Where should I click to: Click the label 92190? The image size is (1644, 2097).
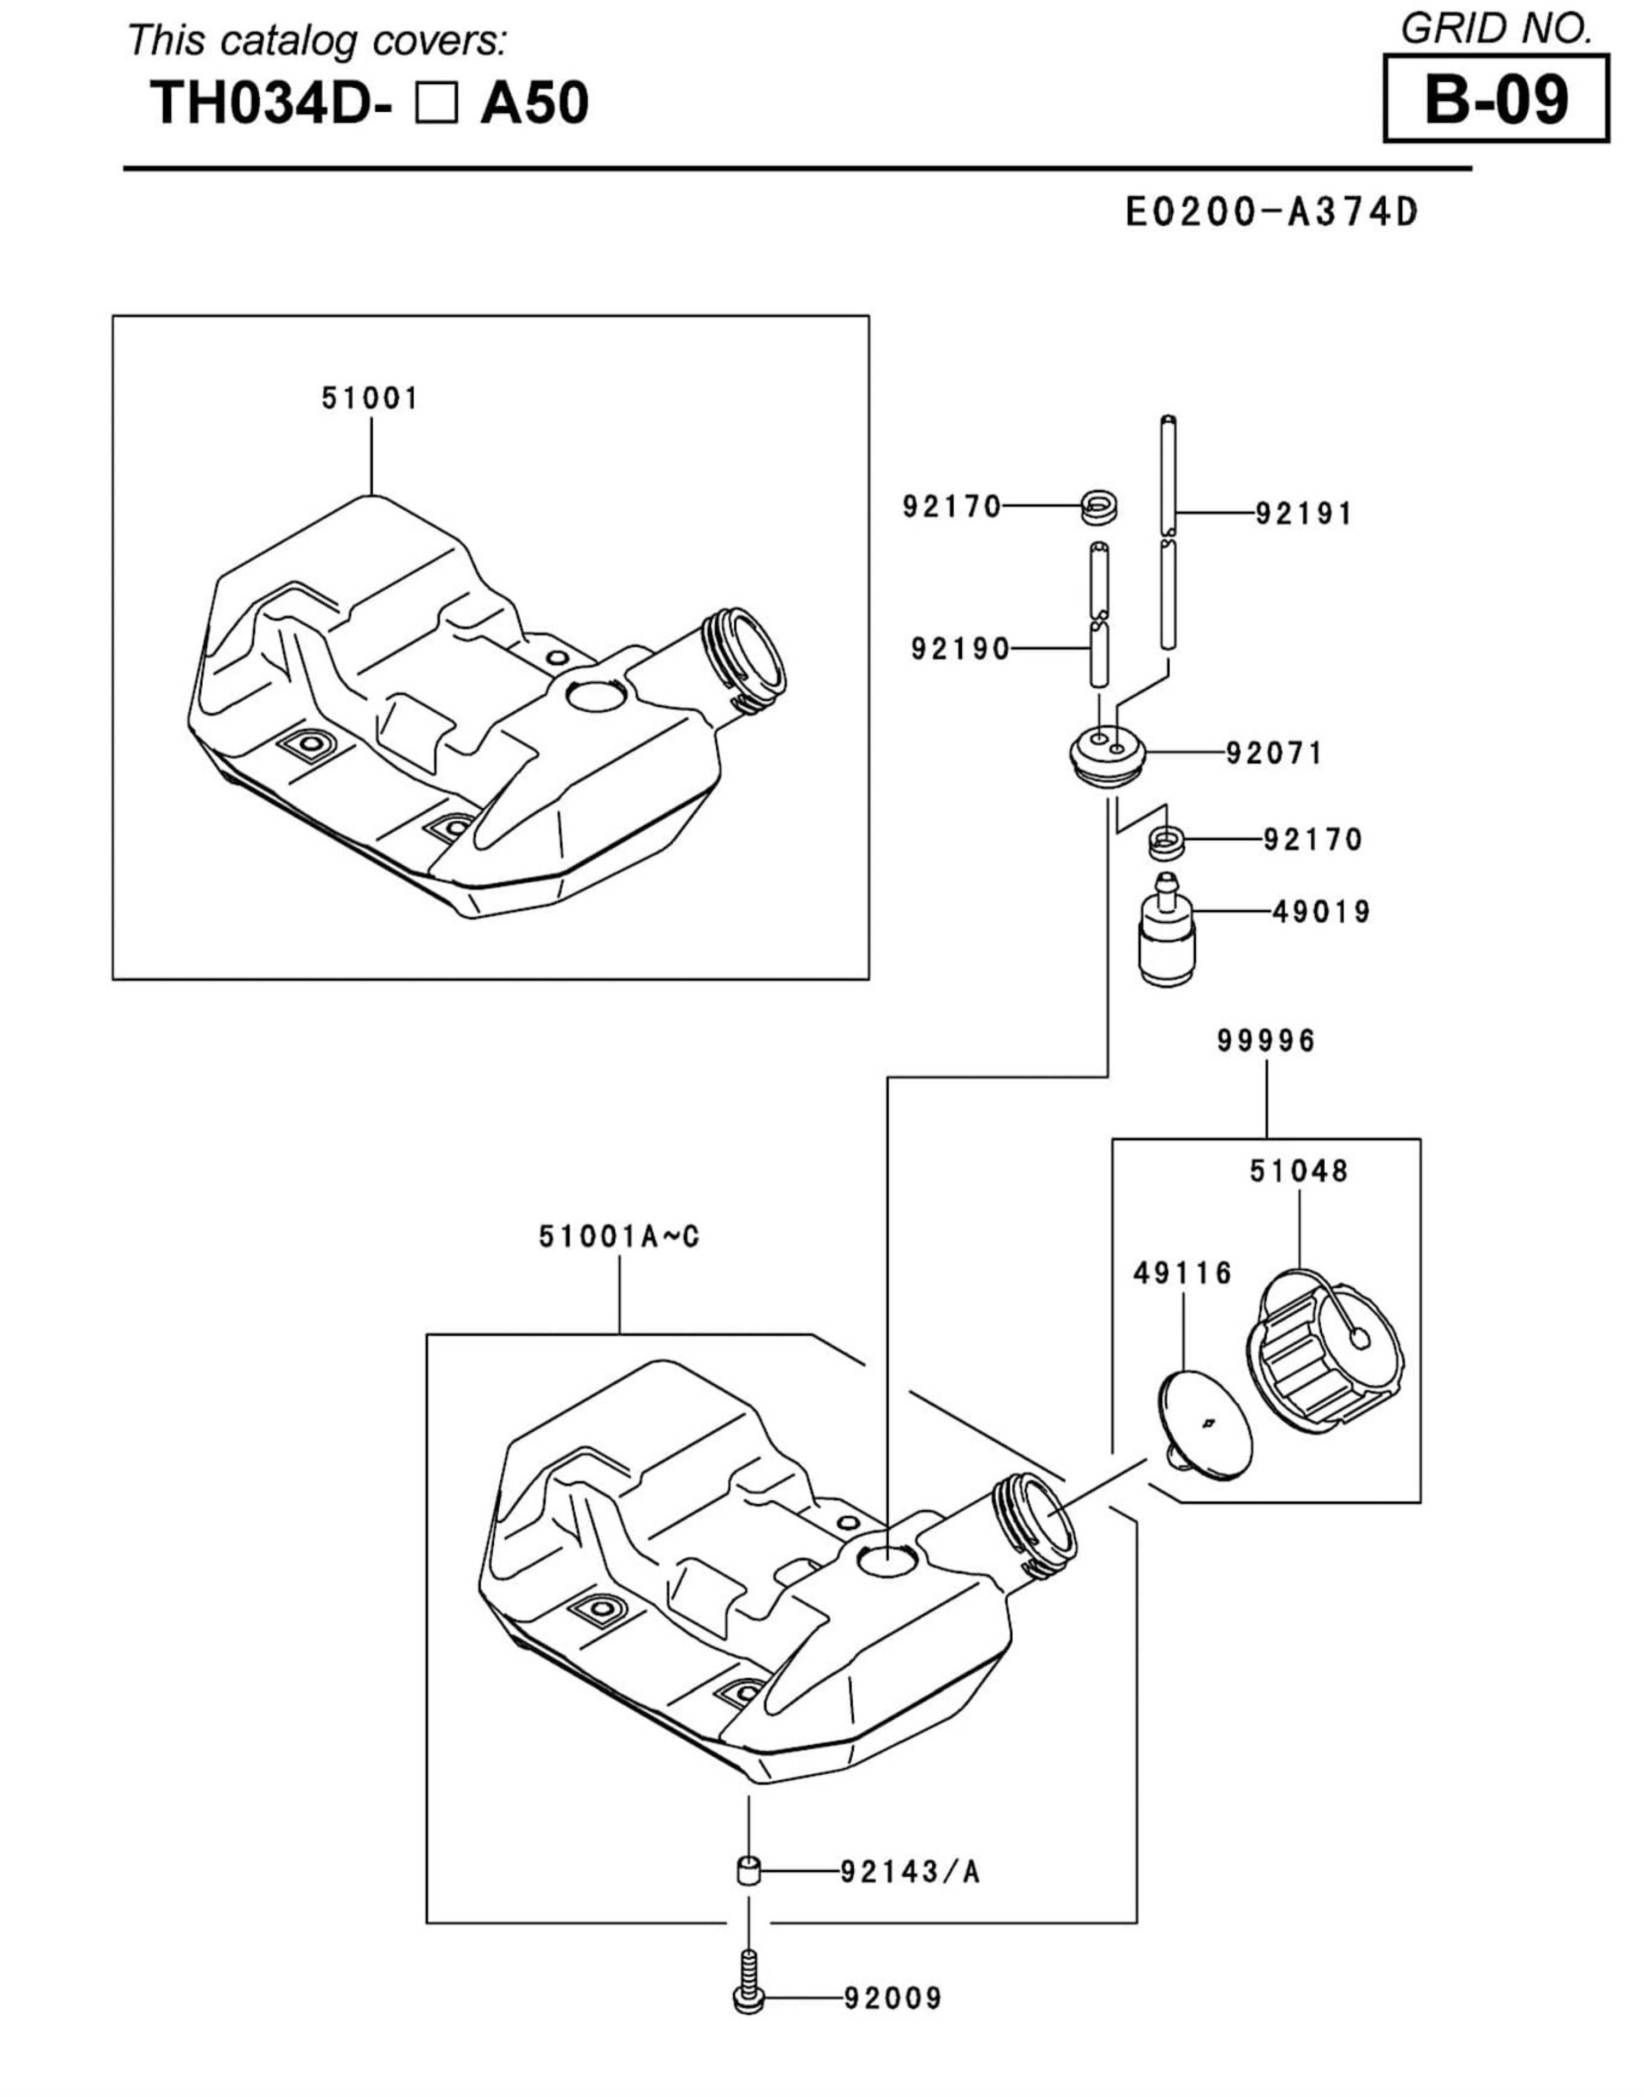pyautogui.click(x=961, y=650)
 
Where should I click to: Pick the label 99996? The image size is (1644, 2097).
pyautogui.click(x=1266, y=1041)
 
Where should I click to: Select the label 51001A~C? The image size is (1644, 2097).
pyautogui.click(x=619, y=1237)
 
